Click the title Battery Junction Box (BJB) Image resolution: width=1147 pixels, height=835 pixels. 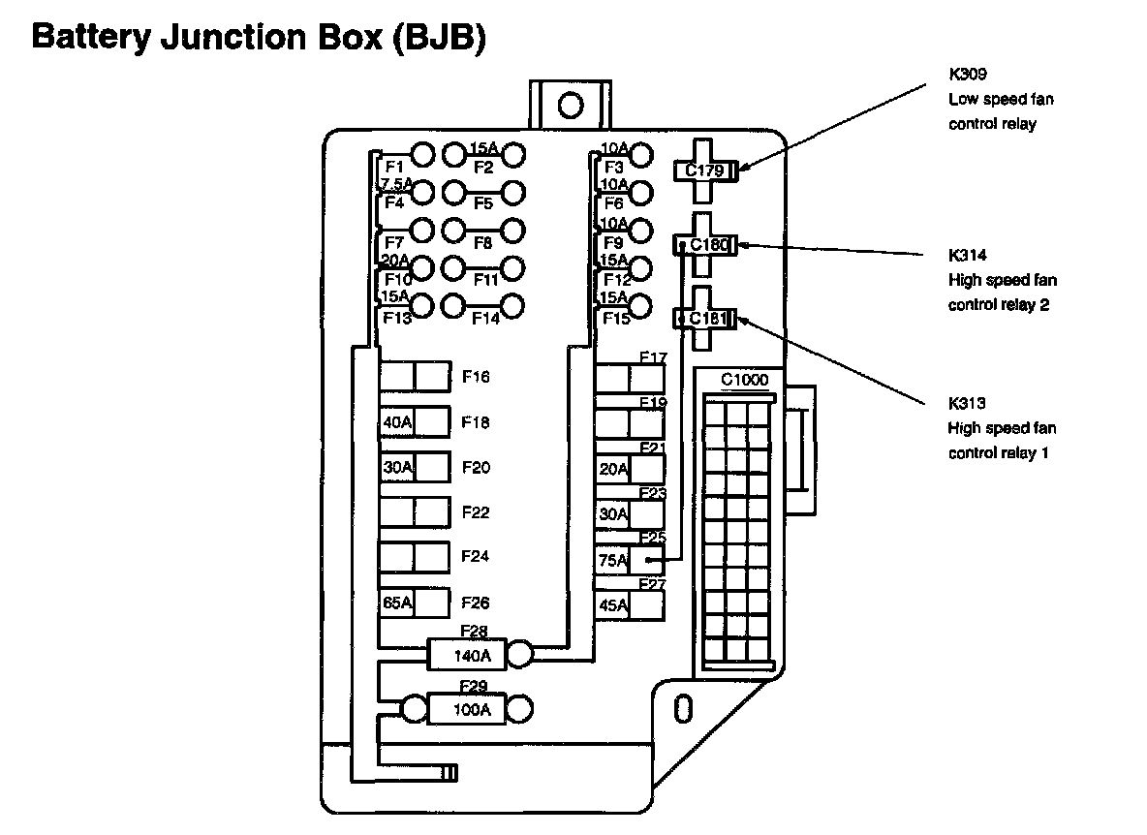[259, 37]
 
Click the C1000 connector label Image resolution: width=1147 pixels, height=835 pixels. [745, 380]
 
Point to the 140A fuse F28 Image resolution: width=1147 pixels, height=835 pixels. [472, 655]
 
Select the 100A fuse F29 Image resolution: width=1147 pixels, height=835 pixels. [472, 709]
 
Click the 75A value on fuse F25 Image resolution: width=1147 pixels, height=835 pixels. [613, 561]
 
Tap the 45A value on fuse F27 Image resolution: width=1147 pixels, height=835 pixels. [613, 605]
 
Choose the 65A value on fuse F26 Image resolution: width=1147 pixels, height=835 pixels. [397, 603]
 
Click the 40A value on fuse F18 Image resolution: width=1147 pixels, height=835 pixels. [397, 422]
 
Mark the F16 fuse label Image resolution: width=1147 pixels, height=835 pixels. [476, 377]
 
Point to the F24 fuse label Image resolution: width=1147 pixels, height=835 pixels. [475, 556]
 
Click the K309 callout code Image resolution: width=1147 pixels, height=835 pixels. [968, 74]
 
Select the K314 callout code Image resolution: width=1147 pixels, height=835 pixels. [968, 255]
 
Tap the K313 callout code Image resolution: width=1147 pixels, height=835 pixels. [967, 403]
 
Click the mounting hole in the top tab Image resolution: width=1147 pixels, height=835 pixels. [571, 106]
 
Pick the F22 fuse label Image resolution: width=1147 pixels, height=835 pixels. [476, 512]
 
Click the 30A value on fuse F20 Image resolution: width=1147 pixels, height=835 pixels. [397, 467]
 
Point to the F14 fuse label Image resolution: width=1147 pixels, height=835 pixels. [485, 318]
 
